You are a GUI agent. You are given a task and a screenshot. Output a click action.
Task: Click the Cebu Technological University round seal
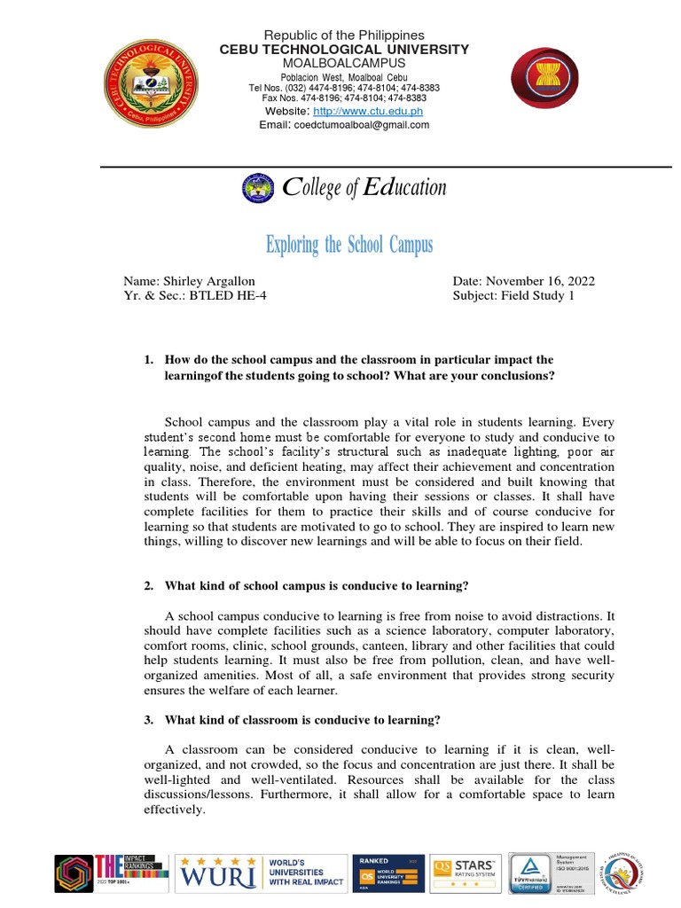150,87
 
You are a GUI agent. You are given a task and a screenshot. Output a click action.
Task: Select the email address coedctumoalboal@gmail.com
360,125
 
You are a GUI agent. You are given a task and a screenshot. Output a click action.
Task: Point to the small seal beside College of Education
259,188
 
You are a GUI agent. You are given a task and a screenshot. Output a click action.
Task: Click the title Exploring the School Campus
349,245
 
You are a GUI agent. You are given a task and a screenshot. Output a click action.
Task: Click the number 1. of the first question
149,360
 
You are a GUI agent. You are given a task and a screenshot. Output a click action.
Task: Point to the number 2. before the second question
149,586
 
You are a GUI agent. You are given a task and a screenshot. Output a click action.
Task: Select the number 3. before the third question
149,719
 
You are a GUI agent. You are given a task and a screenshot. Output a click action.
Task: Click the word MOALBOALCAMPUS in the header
344,64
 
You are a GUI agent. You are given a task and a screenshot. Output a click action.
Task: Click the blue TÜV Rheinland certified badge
530,874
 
